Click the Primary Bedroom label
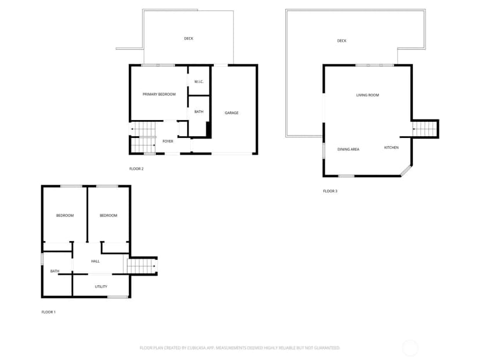(159, 94)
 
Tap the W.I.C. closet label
(199, 82)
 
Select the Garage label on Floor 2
(231, 113)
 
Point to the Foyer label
(168, 141)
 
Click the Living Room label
(368, 95)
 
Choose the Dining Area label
(348, 150)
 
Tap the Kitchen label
(391, 148)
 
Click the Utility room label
(101, 286)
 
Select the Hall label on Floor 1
(96, 261)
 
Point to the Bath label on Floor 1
(55, 271)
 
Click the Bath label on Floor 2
(199, 112)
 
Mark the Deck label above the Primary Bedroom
(188, 39)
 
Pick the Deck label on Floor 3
(341, 41)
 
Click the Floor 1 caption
(48, 312)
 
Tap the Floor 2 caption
(136, 169)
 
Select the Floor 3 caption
(330, 191)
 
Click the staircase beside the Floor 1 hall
(141, 266)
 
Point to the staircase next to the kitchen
(424, 129)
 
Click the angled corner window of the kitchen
(406, 170)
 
